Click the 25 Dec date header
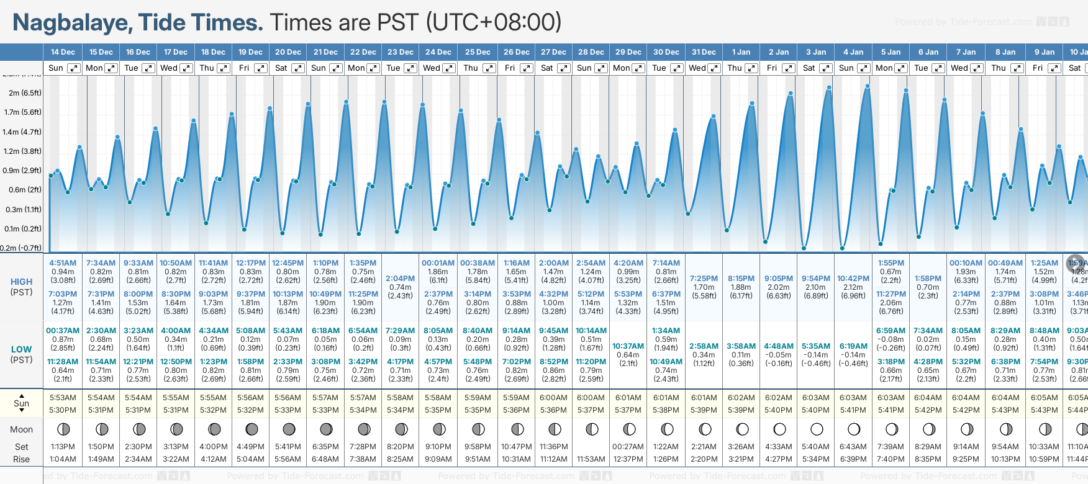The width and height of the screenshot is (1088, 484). coord(478,52)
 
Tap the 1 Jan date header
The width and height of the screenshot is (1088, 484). coord(741,52)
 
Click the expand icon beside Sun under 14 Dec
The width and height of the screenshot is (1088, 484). coord(73,68)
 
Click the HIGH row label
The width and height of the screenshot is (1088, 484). coord(21,282)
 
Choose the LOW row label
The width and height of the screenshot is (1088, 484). coord(21,349)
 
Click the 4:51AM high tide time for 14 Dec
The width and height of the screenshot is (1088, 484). coord(63,263)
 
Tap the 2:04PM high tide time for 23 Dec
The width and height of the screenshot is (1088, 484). coord(400,279)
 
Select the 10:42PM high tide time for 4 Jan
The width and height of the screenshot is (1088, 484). coord(853,279)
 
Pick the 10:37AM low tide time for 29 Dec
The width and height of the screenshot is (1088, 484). coord(628,346)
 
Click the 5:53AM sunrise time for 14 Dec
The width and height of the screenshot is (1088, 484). coord(63,398)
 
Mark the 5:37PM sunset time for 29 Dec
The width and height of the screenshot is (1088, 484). coord(628,410)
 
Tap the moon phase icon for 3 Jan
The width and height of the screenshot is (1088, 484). coord(817,429)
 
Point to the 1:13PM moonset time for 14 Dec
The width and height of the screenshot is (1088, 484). coord(63,447)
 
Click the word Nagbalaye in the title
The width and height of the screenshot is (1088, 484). coord(72,23)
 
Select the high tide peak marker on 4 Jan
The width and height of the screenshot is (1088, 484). coord(868,86)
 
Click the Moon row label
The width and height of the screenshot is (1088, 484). coord(21,429)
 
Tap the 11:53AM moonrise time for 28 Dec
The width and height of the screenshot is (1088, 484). coord(591,459)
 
